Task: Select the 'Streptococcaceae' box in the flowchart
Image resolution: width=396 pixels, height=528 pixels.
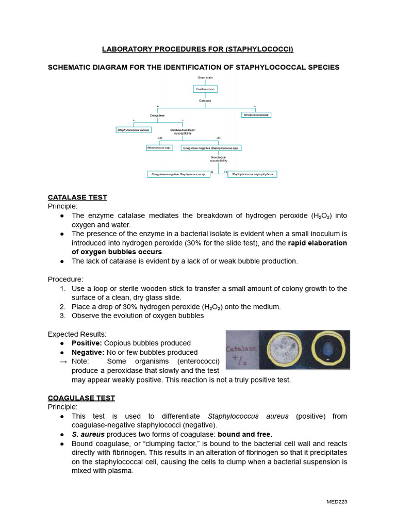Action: tap(256, 115)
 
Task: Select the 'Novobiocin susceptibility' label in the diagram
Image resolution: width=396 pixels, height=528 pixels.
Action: tap(219, 159)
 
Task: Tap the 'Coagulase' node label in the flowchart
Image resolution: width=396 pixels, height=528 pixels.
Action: tap(157, 115)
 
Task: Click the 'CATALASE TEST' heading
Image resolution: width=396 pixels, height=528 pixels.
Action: tap(77, 197)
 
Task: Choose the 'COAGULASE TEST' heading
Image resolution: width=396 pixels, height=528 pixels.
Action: tap(81, 398)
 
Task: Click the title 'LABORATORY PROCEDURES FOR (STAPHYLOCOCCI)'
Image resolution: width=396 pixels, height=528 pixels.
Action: tap(197, 49)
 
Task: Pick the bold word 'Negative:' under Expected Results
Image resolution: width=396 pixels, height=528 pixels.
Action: tap(88, 353)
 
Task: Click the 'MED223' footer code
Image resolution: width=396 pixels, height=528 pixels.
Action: tap(337, 502)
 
